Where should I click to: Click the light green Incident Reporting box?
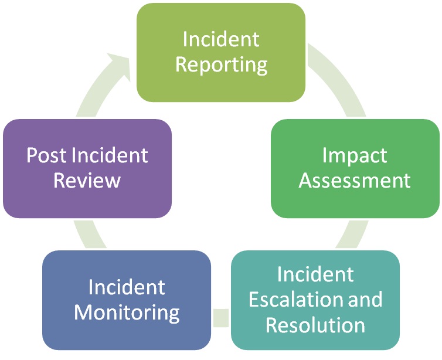(x=221, y=53)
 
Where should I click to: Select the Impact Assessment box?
(x=355, y=169)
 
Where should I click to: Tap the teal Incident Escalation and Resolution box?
(x=315, y=300)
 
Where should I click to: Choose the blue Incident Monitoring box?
(x=127, y=300)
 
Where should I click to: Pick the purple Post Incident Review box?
(x=87, y=169)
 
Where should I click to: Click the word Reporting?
(x=221, y=65)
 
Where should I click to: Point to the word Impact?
(x=355, y=156)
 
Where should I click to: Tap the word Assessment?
(x=355, y=181)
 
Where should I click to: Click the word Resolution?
(x=315, y=325)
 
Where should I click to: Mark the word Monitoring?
(x=127, y=313)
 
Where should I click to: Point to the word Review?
(x=87, y=181)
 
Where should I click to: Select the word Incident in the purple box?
(x=110, y=155)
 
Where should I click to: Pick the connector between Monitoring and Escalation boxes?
(x=221, y=318)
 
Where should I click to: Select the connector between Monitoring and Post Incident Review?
(x=89, y=234)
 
